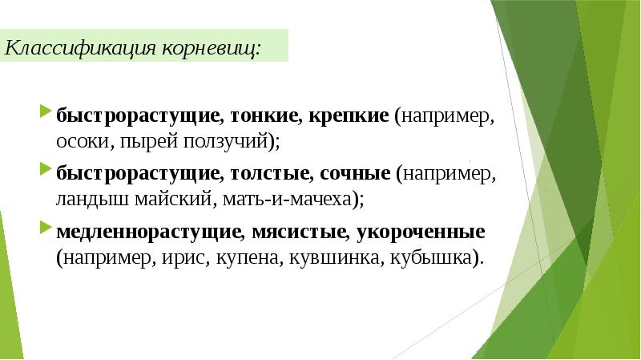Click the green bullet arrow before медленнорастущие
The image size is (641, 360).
click(44, 229)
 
